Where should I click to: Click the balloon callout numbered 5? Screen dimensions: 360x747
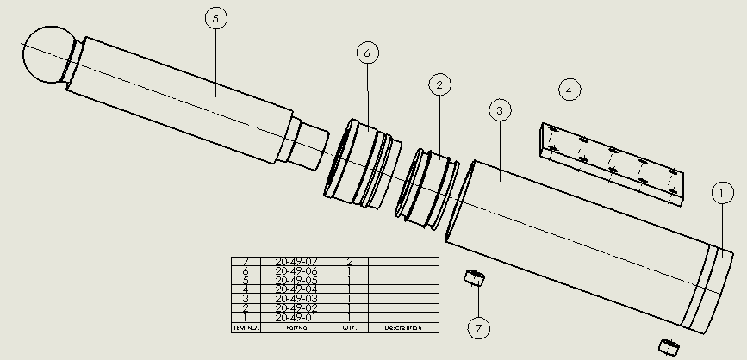[215, 20]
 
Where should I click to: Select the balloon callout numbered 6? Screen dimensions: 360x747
[367, 53]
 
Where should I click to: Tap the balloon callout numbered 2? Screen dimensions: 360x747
[439, 84]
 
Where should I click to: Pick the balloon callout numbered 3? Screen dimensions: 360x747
[500, 109]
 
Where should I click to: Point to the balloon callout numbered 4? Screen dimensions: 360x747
[569, 88]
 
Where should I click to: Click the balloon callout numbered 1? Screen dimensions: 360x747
[722, 195]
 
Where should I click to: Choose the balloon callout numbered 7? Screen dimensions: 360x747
[479, 327]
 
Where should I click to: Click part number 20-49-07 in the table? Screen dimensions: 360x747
[296, 261]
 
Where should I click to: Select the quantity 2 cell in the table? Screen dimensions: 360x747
[350, 261]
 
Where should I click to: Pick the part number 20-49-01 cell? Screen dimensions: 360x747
[296, 318]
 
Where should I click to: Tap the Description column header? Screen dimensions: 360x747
[402, 328]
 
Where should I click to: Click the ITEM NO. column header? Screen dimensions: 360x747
[246, 328]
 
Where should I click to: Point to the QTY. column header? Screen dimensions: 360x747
[350, 328]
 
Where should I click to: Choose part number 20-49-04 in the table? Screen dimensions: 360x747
[296, 289]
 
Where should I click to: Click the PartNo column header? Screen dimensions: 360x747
[296, 328]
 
